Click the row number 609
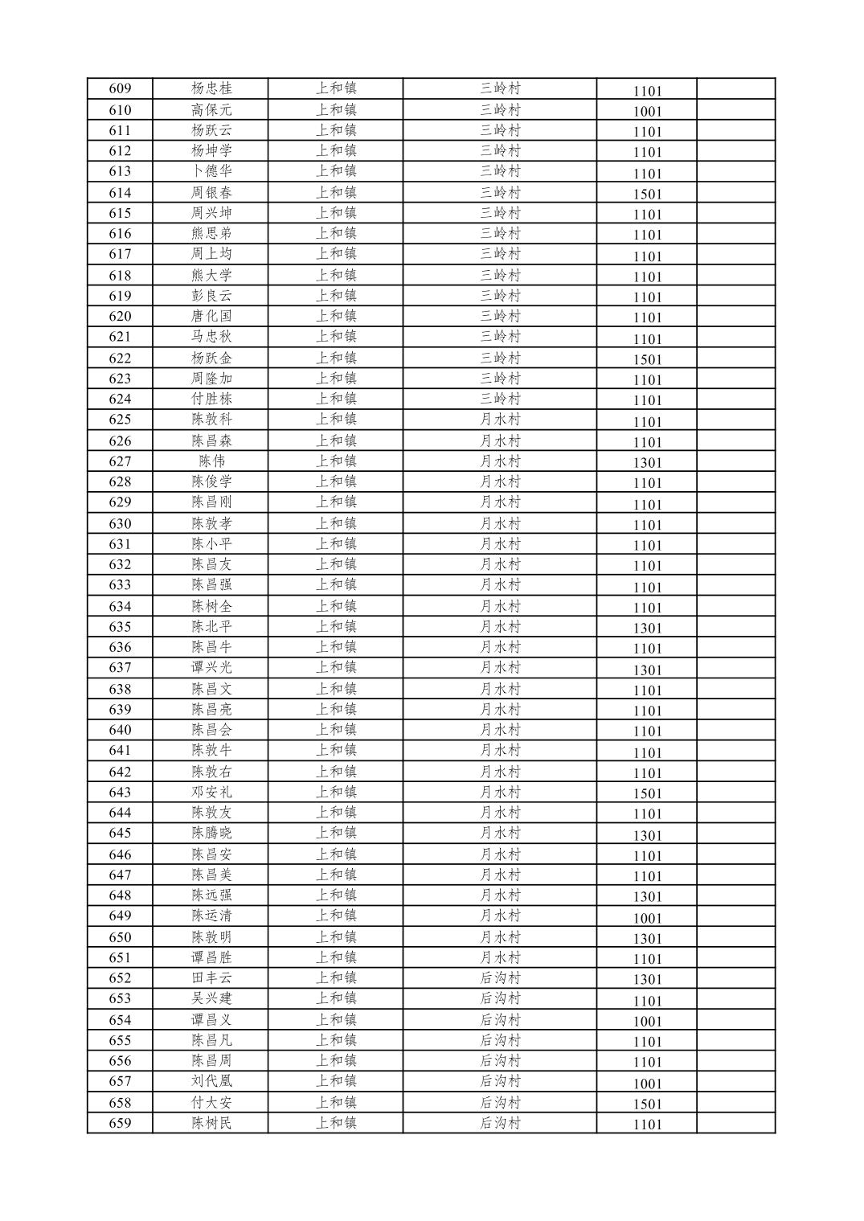(x=120, y=88)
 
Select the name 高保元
(x=211, y=109)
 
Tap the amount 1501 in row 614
(x=647, y=194)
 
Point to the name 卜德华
(x=211, y=171)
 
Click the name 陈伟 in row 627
(x=211, y=461)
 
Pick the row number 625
(x=120, y=420)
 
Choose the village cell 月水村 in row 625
(x=500, y=420)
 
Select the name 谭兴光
(x=211, y=668)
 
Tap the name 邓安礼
(x=211, y=792)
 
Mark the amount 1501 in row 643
(x=647, y=793)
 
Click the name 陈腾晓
(x=211, y=834)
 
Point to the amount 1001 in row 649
(x=647, y=918)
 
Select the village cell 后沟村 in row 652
(x=500, y=978)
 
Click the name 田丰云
(x=211, y=978)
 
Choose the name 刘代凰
(x=211, y=1081)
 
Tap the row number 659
(x=120, y=1123)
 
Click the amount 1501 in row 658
(x=647, y=1104)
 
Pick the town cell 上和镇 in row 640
(x=336, y=730)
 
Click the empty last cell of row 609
(x=735, y=88)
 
